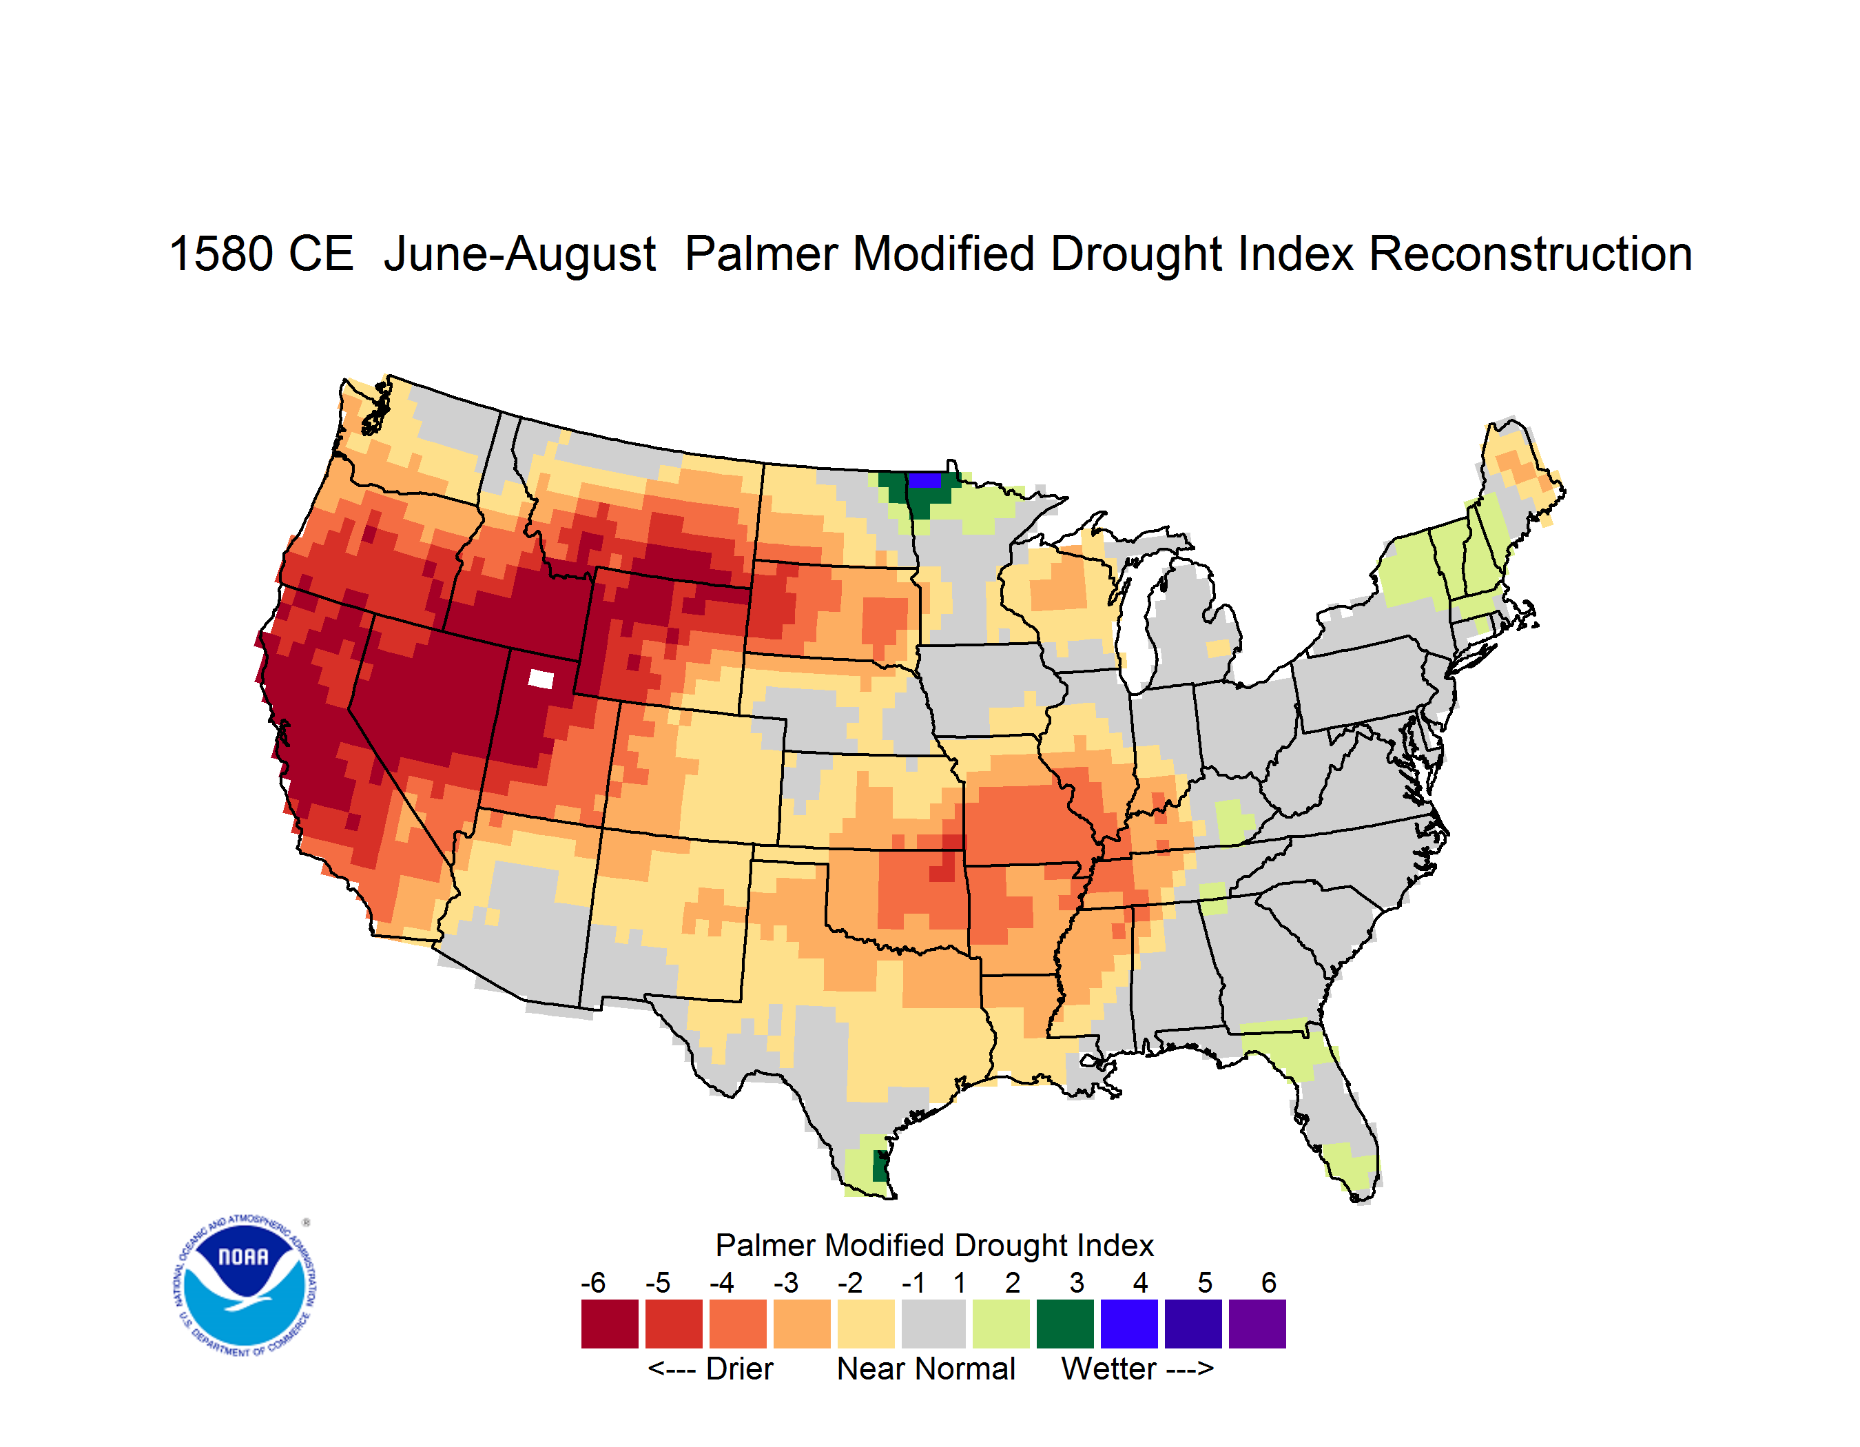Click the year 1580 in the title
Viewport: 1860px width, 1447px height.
point(220,254)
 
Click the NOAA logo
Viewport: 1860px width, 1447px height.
point(245,1285)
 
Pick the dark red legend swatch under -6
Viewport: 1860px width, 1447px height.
point(610,1324)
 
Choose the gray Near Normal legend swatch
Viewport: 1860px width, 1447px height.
point(933,1324)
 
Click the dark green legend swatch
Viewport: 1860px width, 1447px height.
point(1064,1324)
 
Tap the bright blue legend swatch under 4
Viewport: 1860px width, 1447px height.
point(1128,1324)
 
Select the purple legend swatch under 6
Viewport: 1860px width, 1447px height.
point(1257,1324)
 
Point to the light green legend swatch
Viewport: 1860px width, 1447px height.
point(1001,1324)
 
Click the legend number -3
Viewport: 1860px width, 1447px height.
point(786,1282)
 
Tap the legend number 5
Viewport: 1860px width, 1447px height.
point(1204,1282)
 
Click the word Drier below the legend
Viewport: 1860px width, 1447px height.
point(739,1368)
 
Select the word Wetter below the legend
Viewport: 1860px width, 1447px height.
point(1109,1368)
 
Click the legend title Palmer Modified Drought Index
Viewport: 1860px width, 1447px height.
point(934,1245)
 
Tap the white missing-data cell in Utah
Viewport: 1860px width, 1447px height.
point(541,679)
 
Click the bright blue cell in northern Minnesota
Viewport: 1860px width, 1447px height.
point(925,480)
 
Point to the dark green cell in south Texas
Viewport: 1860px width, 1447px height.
point(880,1165)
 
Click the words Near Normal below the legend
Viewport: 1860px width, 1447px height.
point(926,1368)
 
